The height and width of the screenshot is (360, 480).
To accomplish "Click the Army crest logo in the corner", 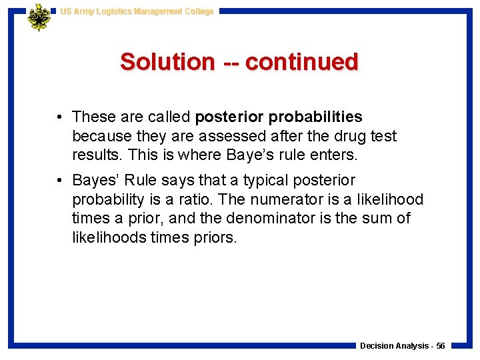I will (39, 17).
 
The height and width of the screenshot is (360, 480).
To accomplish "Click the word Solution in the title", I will (167, 62).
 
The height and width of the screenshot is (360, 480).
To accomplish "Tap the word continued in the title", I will (302, 62).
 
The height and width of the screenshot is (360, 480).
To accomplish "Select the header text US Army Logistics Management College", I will (137, 11).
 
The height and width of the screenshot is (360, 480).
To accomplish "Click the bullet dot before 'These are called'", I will (60, 117).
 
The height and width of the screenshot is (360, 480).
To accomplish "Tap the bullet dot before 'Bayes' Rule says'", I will (60, 181).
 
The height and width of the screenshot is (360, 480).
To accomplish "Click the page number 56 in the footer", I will (441, 346).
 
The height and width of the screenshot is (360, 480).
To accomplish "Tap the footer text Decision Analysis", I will (394, 346).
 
